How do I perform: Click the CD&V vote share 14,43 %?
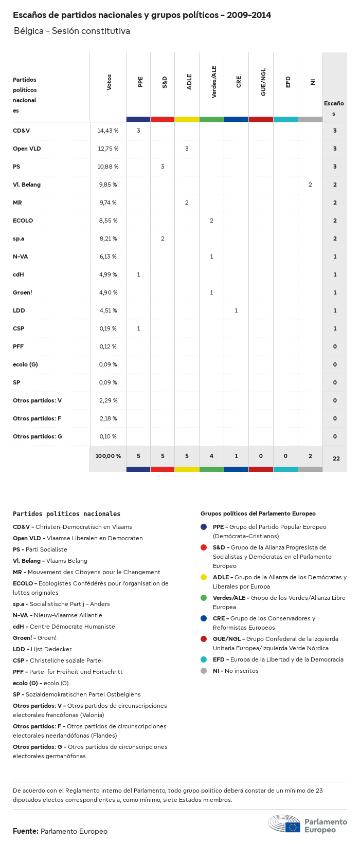108,131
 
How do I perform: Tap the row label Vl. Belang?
27,185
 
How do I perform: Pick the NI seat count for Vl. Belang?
310,185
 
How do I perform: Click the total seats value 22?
336,458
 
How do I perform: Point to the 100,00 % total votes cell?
108,456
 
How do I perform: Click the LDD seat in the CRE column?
236,310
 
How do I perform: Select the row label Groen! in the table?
23,292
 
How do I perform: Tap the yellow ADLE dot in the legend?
204,577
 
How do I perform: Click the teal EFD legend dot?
204,659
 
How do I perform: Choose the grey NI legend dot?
204,671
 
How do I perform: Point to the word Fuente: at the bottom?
25,831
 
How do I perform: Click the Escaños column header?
334,108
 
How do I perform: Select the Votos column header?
109,82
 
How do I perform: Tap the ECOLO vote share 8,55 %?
108,221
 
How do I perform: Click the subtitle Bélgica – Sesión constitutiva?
71,31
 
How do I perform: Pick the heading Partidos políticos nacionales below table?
66,513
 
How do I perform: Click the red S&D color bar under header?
163,119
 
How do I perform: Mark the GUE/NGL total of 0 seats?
261,456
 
